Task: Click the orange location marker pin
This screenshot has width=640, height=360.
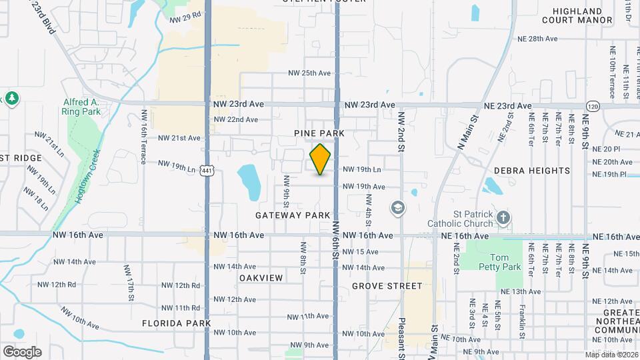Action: tap(321, 159)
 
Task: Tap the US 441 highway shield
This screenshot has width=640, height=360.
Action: tap(207, 171)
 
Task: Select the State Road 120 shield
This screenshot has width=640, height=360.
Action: tap(592, 106)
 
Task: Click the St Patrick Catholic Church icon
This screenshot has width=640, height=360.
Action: tap(503, 217)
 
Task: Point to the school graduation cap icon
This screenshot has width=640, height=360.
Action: tap(398, 209)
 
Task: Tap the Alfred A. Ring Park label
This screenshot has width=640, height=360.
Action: tap(81, 107)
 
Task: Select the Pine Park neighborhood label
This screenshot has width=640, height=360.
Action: tap(319, 133)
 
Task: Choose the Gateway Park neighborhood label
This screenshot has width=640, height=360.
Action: tap(293, 215)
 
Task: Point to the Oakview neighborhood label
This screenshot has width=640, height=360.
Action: tap(261, 277)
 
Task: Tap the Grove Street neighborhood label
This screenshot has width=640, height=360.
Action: tap(387, 286)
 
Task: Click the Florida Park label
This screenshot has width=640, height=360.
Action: tap(176, 323)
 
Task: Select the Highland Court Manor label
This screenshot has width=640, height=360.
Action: tap(577, 15)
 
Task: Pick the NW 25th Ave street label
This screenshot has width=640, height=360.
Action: tap(309, 73)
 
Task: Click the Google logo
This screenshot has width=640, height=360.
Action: tap(22, 351)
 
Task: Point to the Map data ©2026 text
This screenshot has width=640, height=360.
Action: tap(611, 355)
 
